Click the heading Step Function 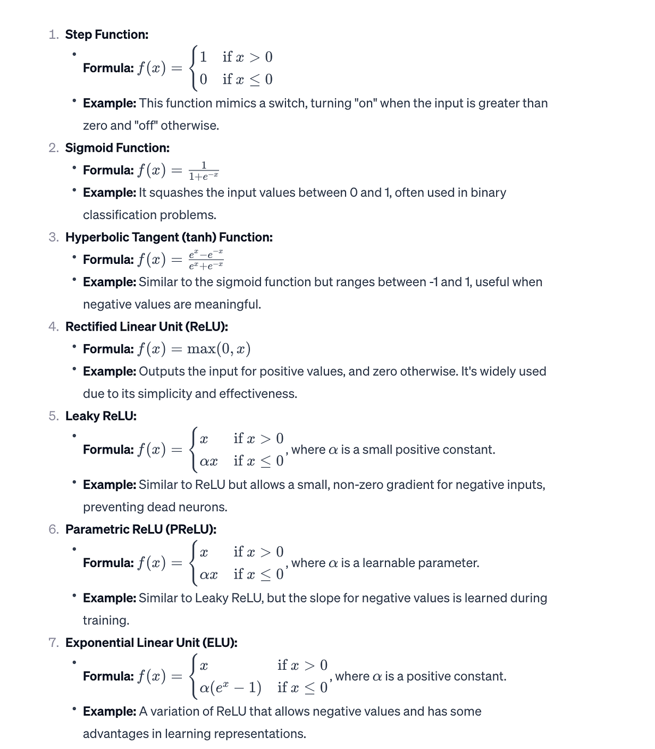106,34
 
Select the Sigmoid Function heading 117,148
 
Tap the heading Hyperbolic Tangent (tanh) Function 169,237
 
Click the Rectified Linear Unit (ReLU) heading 146,327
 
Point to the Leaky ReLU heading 101,416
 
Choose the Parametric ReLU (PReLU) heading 141,529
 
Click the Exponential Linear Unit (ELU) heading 151,642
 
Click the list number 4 53,327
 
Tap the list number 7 53,642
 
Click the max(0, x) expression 218,349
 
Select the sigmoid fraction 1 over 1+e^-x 204,170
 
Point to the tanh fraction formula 206,260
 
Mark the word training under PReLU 105,621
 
